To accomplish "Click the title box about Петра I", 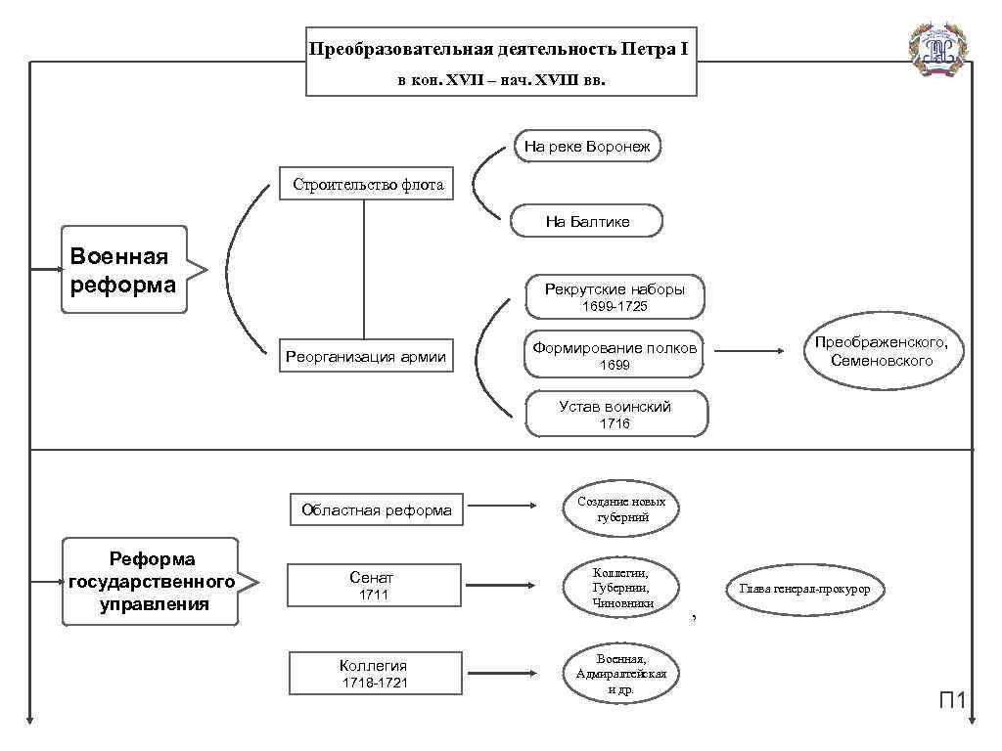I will (x=501, y=62).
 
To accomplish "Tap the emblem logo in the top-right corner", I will (x=938, y=49).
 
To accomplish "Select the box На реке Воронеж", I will (x=587, y=147).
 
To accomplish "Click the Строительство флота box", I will (x=368, y=184).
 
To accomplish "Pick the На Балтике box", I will (x=587, y=222).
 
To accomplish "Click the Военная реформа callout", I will (x=123, y=270).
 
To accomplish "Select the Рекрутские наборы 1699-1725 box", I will (x=615, y=296).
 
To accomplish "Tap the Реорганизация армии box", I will (x=365, y=357).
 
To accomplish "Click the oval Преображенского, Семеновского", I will (x=882, y=352).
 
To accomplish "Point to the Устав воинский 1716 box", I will (x=615, y=415).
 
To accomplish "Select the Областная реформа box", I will (x=377, y=509).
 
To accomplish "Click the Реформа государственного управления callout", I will (x=152, y=582).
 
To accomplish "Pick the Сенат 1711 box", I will (x=372, y=586).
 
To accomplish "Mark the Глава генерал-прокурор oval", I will (x=804, y=589).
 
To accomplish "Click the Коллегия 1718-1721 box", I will (x=374, y=674).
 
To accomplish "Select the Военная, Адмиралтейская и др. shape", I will (x=621, y=674).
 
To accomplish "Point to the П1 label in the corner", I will (x=953, y=699).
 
